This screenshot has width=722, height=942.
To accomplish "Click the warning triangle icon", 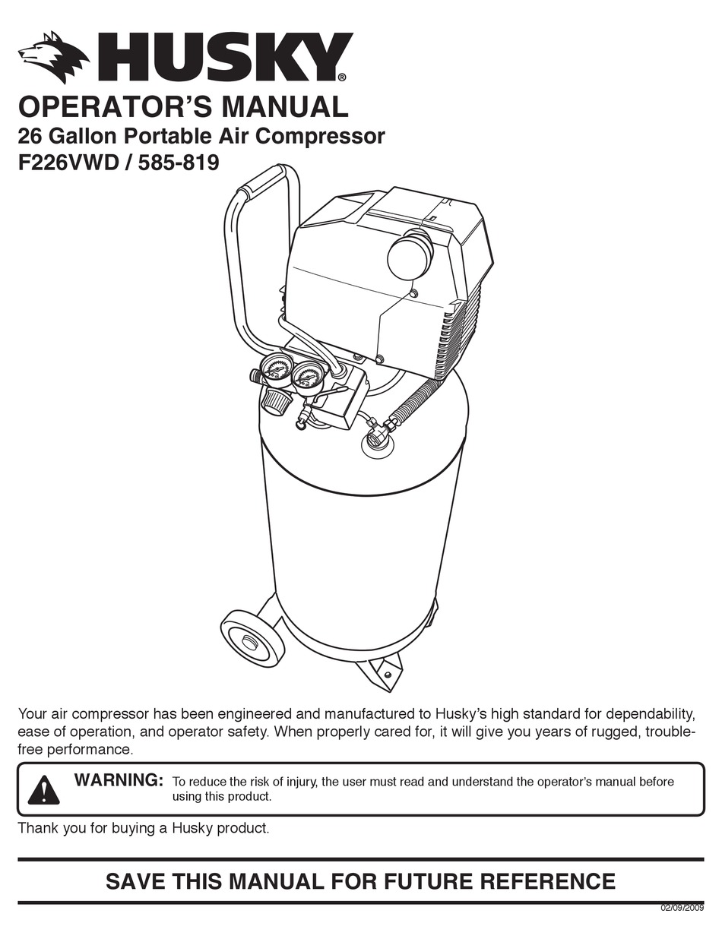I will tap(43, 789).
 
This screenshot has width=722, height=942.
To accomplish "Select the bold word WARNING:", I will tap(119, 779).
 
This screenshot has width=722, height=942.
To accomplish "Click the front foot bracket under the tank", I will tap(385, 672).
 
